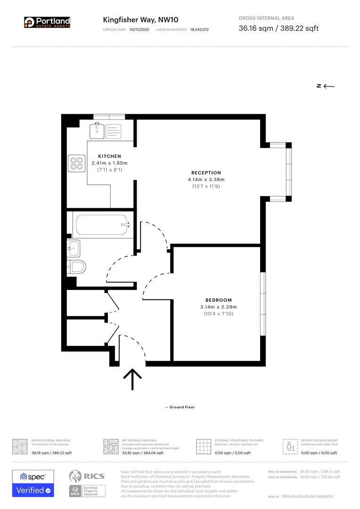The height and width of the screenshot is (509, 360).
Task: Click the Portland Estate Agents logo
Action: click(47, 22)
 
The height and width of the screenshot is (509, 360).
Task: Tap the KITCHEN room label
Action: click(109, 156)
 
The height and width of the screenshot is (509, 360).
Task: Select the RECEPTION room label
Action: click(206, 172)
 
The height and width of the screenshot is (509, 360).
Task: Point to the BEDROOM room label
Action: click(218, 300)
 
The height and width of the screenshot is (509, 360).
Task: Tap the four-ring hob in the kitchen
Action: click(76, 164)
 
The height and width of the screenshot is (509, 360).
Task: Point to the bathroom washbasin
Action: click(74, 247)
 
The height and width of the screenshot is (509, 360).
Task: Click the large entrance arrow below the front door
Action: click(132, 379)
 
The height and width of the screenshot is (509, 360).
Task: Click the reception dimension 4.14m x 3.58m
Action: click(206, 180)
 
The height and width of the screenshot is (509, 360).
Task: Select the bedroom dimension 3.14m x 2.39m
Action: click(218, 307)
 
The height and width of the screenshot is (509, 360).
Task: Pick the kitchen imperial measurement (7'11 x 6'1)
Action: click(109, 170)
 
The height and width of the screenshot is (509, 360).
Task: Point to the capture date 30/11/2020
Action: click(139, 30)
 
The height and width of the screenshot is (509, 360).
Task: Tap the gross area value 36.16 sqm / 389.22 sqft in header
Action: click(278, 28)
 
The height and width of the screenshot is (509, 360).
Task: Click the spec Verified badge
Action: click(33, 484)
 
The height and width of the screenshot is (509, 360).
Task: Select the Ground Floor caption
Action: click(180, 407)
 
